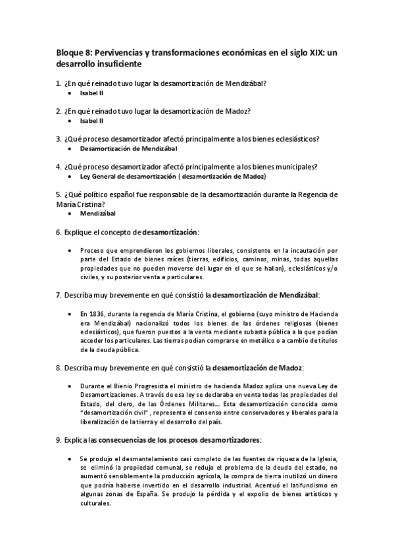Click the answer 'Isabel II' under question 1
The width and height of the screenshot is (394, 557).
pyautogui.click(x=91, y=94)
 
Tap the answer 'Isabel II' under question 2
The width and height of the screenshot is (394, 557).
pyautogui.click(x=91, y=122)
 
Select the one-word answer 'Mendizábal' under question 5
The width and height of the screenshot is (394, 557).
pyautogui.click(x=97, y=213)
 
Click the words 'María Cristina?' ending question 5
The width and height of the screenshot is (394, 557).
pyautogui.click(x=80, y=204)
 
